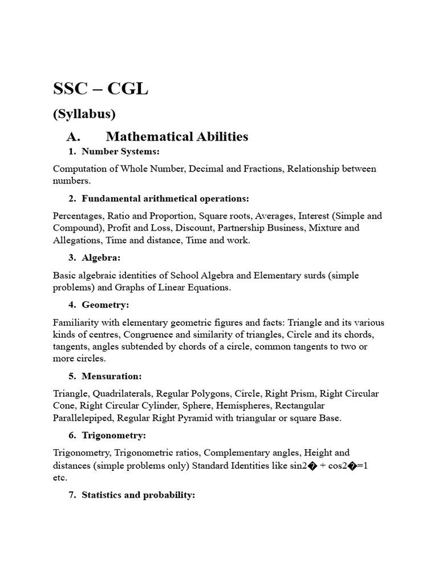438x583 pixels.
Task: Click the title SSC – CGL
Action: [x=100, y=89]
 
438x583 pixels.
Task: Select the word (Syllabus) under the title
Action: [x=84, y=114]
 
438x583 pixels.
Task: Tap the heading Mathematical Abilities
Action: [x=177, y=137]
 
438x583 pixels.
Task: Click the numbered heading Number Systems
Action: [x=120, y=151]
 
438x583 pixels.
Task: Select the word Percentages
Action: [x=78, y=216]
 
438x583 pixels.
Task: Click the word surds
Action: [x=309, y=276]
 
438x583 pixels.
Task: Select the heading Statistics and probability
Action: [x=138, y=495]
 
